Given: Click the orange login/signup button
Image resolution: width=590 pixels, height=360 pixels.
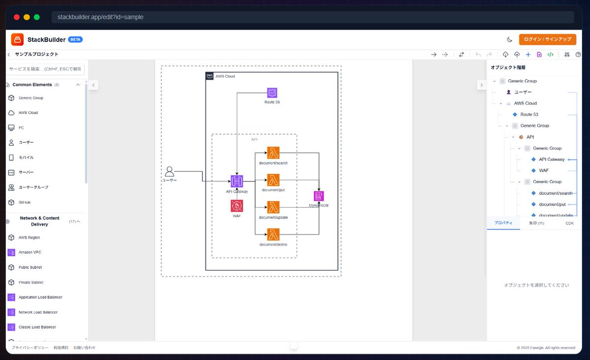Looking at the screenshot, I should click(547, 39).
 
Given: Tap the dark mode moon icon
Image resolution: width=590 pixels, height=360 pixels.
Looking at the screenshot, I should click(509, 39).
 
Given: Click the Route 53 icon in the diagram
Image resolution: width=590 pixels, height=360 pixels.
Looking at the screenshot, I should click(272, 93).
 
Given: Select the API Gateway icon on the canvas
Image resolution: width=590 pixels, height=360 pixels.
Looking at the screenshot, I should click(236, 181).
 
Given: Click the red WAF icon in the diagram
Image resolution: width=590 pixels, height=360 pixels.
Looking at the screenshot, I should click(236, 206).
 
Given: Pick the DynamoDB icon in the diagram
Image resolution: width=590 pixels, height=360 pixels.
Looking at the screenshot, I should click(319, 196).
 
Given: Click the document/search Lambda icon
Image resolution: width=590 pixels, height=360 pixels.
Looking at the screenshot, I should click(273, 152).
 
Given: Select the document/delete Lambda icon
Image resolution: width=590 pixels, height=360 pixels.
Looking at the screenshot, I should click(273, 235).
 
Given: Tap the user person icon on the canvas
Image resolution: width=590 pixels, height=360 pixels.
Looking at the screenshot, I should click(170, 171).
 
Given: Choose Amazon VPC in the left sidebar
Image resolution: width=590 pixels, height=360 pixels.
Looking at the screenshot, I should click(30, 252).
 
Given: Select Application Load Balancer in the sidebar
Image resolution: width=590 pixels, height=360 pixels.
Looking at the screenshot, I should click(40, 297).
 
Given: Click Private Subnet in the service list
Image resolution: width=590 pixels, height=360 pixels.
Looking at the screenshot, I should click(30, 282).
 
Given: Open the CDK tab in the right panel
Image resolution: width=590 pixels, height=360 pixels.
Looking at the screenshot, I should click(569, 223).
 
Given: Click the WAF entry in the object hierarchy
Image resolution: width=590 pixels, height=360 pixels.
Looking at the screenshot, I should click(543, 171).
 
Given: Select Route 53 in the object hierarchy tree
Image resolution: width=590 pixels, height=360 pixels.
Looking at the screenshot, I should click(529, 115).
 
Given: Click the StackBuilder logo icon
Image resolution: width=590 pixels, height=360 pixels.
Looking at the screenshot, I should click(17, 39).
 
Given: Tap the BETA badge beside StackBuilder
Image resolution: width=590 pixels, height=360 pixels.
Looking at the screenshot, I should click(75, 39).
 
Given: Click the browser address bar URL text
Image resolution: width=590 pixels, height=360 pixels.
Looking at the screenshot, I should click(100, 17).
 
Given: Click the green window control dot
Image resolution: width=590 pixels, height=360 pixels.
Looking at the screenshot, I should click(36, 17).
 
